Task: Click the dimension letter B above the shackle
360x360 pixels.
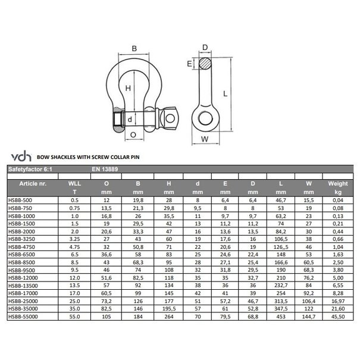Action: [x=134, y=49]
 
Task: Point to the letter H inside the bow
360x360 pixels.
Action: [x=127, y=88]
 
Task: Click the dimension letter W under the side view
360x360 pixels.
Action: [x=206, y=140]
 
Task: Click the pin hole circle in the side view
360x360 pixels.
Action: [x=206, y=118]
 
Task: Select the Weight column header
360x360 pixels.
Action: [x=337, y=184]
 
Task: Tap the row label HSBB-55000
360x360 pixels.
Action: [x=24, y=317]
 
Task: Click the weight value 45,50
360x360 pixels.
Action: [x=337, y=317]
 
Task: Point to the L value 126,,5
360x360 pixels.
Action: [x=281, y=246]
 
